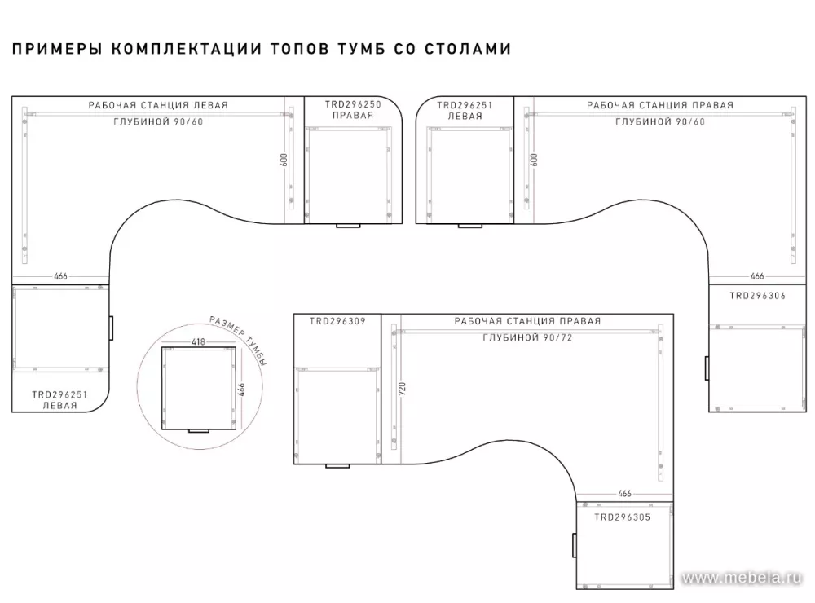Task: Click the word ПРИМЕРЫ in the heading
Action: tap(57, 49)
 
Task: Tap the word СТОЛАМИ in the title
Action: tap(468, 49)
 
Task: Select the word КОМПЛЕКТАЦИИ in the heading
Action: tap(186, 49)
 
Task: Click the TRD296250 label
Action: tap(353, 104)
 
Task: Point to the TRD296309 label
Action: tap(337, 321)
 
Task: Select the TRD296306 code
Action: tap(757, 296)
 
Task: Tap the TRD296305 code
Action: tap(622, 517)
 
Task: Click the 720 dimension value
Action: tap(402, 389)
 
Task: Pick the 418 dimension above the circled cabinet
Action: tap(199, 341)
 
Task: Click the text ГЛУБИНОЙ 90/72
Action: tap(527, 337)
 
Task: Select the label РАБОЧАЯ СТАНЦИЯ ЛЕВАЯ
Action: tap(158, 105)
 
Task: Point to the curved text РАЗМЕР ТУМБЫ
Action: tap(239, 339)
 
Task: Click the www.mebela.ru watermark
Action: tap(741, 578)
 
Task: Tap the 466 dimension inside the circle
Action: tap(241, 390)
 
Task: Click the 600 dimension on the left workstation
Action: tap(284, 160)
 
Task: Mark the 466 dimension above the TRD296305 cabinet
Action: tap(625, 493)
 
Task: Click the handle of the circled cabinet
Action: tap(199, 431)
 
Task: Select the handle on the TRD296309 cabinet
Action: tap(337, 466)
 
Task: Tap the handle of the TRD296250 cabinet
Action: tap(348, 226)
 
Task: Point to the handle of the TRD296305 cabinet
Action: tap(575, 545)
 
